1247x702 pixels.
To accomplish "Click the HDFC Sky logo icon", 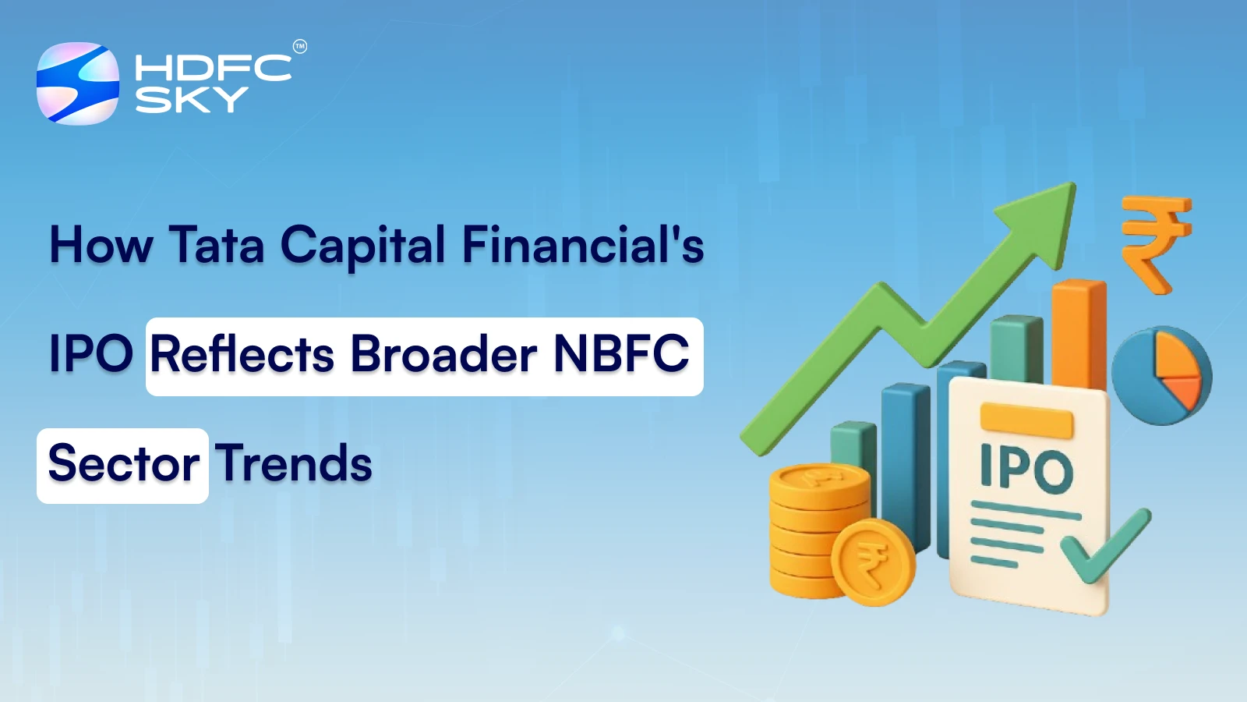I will click(78, 83).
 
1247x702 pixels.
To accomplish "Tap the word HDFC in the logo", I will click(213, 69).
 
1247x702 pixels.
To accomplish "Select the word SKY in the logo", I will click(192, 99).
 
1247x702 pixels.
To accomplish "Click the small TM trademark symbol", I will click(300, 47).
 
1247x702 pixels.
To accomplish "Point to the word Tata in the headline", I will click(217, 245).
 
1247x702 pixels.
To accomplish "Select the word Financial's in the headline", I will click(583, 245).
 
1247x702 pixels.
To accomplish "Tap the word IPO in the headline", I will click(91, 354).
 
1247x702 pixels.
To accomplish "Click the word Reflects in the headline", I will click(242, 354).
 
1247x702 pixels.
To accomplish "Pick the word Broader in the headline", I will click(443, 354).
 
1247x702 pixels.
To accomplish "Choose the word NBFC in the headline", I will click(621, 354).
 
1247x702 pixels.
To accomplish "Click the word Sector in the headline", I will click(123, 464).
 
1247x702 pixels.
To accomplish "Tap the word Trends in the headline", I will click(294, 464).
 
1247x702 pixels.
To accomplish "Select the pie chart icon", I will click(1162, 375).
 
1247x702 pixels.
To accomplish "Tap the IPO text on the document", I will click(1026, 470).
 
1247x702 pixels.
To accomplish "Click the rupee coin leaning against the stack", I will click(872, 562).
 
